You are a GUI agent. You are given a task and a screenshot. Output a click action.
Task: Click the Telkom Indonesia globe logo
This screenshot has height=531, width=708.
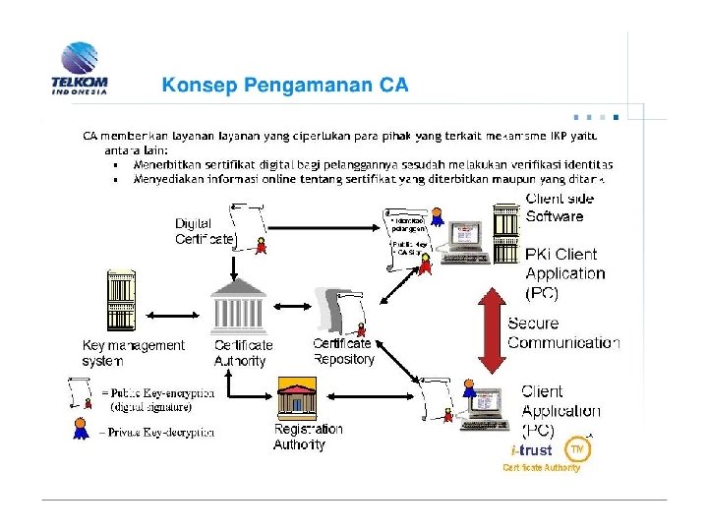point(79,61)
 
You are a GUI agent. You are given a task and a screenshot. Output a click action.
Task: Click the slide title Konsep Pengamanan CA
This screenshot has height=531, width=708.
point(285,86)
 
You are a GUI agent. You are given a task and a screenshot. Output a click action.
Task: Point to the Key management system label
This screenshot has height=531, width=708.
point(133,353)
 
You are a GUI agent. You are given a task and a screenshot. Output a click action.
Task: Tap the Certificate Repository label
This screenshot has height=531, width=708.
point(344,352)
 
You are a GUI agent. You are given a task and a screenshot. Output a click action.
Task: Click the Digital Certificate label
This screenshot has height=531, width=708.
point(205,231)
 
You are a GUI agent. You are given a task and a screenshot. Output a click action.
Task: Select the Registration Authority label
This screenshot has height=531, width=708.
point(308,437)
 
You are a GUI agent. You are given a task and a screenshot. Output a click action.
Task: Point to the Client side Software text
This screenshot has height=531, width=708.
point(560,207)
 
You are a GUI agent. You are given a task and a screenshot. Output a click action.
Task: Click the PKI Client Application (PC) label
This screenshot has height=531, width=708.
point(563,273)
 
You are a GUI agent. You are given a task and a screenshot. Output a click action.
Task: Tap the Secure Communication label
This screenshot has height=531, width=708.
point(562,332)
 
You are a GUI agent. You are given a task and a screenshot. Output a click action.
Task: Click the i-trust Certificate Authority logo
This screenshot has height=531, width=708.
point(546,455)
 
